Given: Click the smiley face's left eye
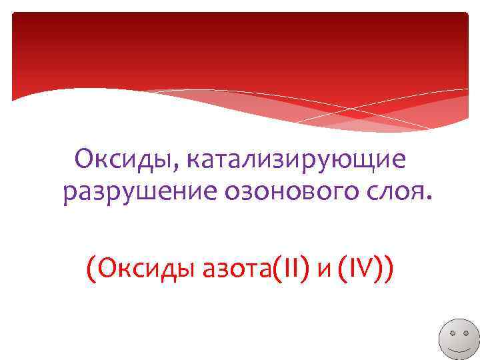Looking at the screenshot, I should click(453, 331).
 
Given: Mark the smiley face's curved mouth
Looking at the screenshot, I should click(460, 347).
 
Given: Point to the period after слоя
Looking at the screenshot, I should click(429, 199).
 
